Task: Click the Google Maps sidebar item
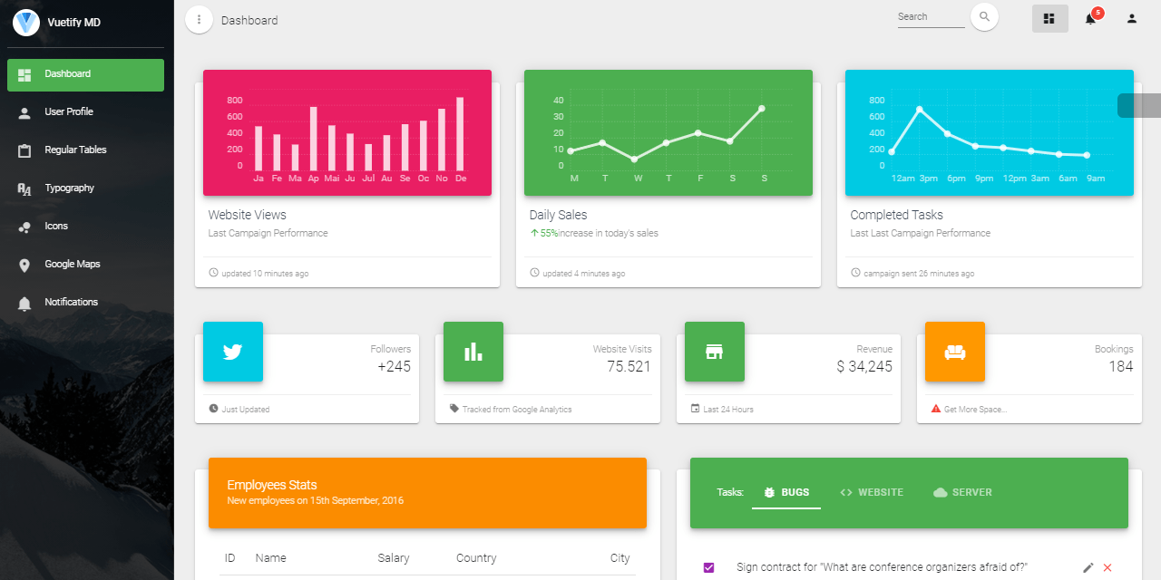pos(73,264)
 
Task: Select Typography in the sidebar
pos(69,188)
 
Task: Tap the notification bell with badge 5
pos(1090,18)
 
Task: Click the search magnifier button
pos(984,17)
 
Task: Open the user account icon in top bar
pos(1132,18)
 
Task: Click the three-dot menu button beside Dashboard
pos(199,19)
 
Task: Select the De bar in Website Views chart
pos(460,134)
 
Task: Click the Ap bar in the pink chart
pos(314,139)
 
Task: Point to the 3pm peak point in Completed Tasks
pos(920,110)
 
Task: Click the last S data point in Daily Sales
pos(761,108)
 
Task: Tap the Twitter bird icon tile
pos(233,352)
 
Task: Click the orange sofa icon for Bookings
pos(955,352)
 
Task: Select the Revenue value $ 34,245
pos(863,367)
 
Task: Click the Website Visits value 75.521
pos(629,367)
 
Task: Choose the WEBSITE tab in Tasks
pos(872,492)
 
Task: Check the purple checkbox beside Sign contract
pos(709,567)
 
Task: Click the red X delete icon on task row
pos(1107,567)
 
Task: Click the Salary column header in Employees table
pos(394,558)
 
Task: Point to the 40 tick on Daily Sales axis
pos(558,101)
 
